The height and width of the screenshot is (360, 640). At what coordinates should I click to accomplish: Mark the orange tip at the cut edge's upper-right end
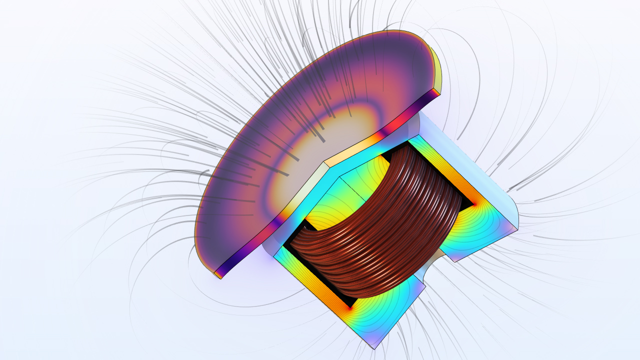pyautogui.click(x=436, y=92)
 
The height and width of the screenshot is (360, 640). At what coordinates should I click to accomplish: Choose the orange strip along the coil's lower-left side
pyautogui.click(x=315, y=280)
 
